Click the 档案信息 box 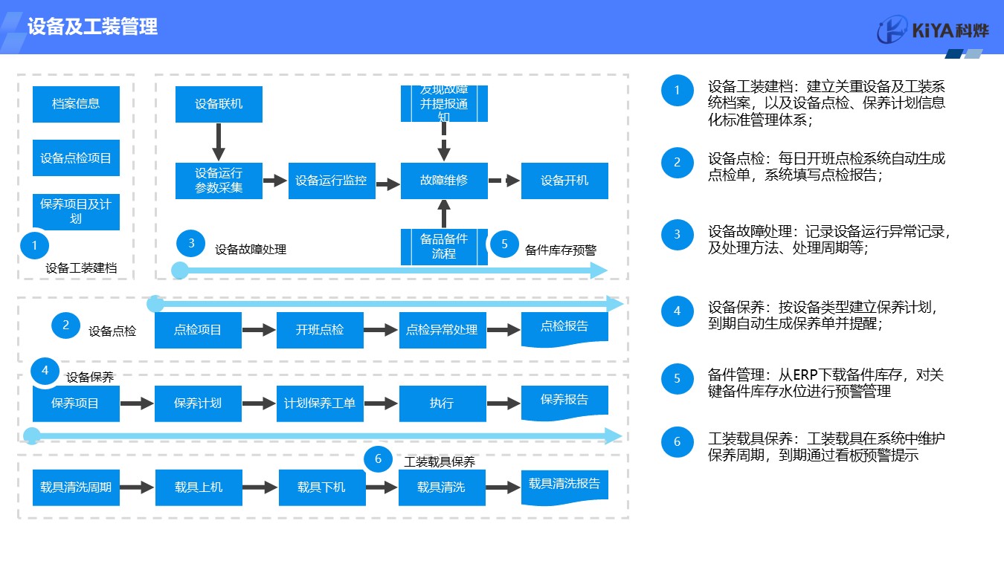(76, 104)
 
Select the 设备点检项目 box (76, 158)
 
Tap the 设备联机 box (219, 104)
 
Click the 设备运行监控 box (331, 181)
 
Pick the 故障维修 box (444, 181)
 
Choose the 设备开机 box (564, 181)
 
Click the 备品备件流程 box (444, 246)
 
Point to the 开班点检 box (320, 330)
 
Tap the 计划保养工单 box (320, 403)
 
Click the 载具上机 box (199, 487)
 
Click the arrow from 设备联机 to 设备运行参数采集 (219, 142)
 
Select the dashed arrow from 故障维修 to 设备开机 (504, 181)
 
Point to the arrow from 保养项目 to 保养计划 (137, 403)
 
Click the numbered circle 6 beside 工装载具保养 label (378, 459)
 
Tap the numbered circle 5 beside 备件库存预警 (504, 244)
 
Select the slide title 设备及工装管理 (92, 27)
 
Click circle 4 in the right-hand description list (677, 311)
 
